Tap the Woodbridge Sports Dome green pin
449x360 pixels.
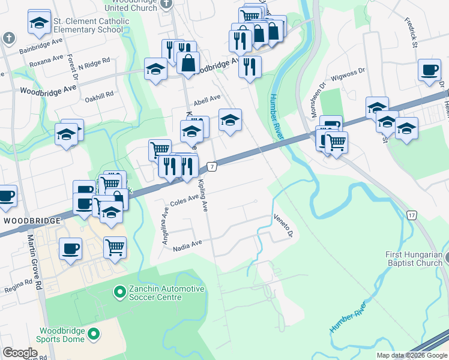point(93,334)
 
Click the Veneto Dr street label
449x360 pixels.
point(282,225)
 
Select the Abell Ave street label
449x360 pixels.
point(206,98)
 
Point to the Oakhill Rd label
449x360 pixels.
point(99,96)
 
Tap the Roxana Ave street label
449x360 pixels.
point(46,61)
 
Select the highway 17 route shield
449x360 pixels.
point(411,215)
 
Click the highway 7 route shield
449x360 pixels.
point(211,166)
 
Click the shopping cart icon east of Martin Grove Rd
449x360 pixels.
point(115,247)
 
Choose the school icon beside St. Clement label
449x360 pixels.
point(39,23)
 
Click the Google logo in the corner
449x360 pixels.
point(20,353)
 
